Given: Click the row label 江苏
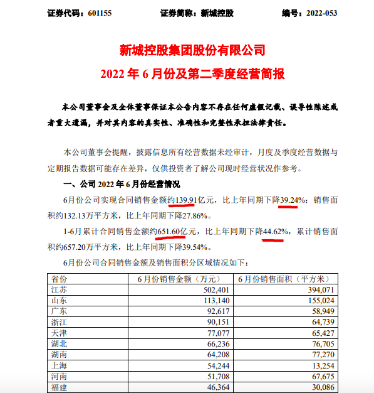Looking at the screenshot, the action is (x=58, y=290).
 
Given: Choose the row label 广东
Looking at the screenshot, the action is (x=58, y=312).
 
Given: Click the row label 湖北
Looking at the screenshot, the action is (x=58, y=344).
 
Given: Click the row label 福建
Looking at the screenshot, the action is (x=58, y=387).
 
